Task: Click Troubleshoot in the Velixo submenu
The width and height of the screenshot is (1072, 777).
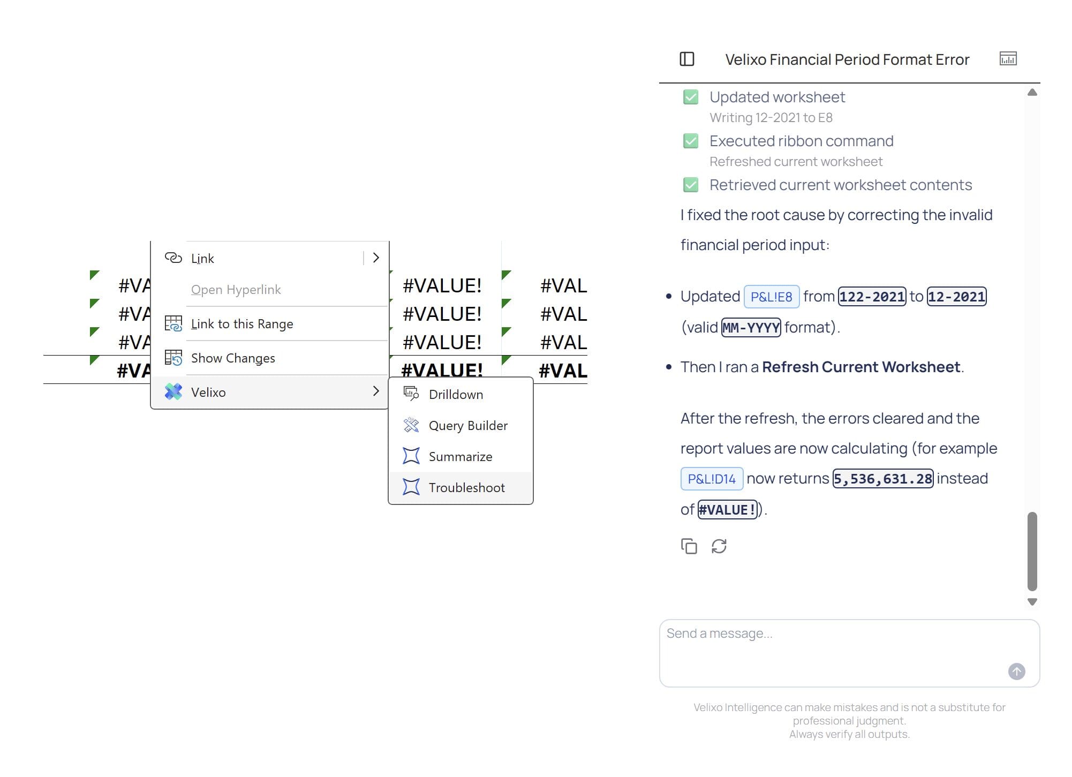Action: [466, 487]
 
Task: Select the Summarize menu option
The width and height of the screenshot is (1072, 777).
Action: [460, 456]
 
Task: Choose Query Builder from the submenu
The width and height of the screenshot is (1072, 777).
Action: [468, 425]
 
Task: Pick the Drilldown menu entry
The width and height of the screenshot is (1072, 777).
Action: [456, 394]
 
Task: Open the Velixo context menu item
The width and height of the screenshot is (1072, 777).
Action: [208, 392]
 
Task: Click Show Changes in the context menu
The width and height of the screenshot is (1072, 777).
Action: [233, 358]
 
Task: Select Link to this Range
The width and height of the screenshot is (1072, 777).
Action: [242, 323]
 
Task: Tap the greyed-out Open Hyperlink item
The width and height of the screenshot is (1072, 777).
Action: [236, 289]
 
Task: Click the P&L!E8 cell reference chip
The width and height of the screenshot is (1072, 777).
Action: [771, 297]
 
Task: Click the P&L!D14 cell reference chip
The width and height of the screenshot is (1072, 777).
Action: [712, 479]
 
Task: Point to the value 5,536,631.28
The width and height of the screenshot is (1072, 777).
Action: [883, 479]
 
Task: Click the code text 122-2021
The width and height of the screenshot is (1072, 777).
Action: [872, 297]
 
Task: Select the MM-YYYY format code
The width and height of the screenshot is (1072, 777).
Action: [751, 328]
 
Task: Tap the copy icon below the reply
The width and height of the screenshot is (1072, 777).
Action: [689, 546]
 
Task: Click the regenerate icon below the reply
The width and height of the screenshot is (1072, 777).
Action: [719, 546]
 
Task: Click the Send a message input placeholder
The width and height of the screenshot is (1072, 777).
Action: [719, 633]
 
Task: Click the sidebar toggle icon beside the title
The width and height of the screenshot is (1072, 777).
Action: [687, 59]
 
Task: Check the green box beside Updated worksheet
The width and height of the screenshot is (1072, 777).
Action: [691, 97]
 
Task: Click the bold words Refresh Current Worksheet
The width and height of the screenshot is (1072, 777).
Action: [861, 367]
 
